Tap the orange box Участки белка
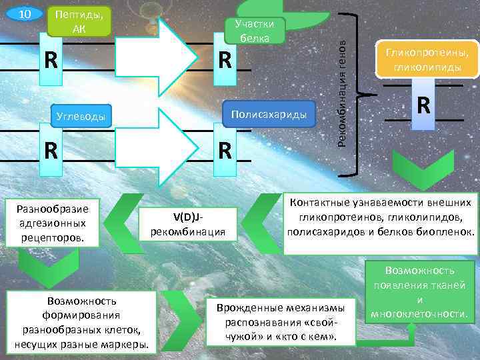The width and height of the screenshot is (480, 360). click(255, 31)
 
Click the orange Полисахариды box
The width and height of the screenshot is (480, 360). click(269, 114)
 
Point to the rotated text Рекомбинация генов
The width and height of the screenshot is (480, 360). click(341, 91)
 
